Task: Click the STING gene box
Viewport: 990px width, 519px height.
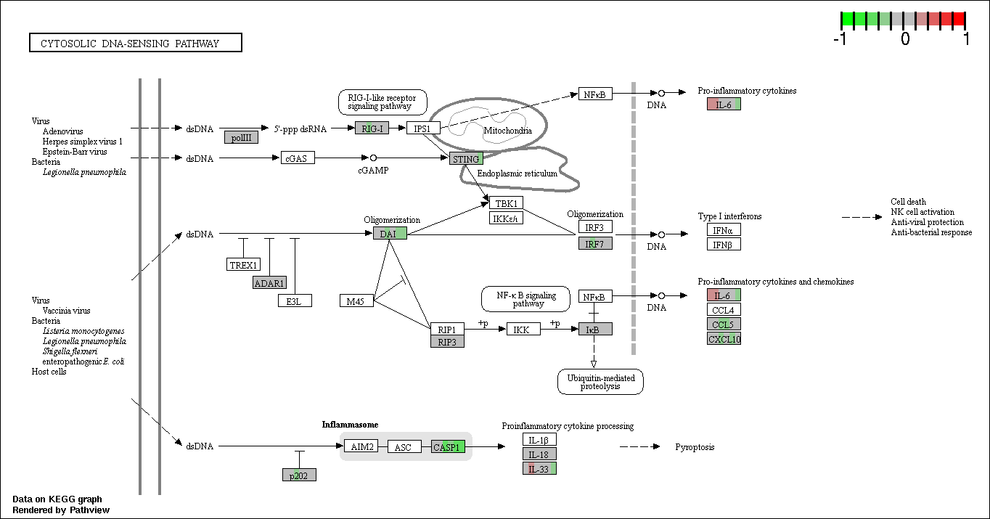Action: click(466, 159)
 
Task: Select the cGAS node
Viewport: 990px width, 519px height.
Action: click(298, 158)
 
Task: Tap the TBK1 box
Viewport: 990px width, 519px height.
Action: click(506, 203)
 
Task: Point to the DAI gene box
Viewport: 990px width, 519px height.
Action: click(390, 234)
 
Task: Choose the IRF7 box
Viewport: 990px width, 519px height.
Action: click(595, 244)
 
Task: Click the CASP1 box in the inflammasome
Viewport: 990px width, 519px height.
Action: click(448, 447)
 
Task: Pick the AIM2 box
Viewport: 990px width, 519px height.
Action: click(361, 446)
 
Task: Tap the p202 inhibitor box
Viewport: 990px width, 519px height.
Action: click(299, 475)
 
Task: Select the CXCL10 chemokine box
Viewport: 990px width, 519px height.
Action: click(724, 339)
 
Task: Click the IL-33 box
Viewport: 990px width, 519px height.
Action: click(540, 469)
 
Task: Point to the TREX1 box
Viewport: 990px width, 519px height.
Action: click(244, 265)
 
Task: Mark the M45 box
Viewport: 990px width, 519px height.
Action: click(356, 301)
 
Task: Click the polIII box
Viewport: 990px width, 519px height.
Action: click(241, 137)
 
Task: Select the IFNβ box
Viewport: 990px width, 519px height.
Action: click(724, 245)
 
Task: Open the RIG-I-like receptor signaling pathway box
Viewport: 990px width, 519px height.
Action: click(382, 102)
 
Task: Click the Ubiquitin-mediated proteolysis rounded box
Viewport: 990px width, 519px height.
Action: click(601, 382)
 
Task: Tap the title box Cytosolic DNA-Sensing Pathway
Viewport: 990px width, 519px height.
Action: click(136, 43)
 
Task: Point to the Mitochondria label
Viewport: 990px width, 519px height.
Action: click(508, 131)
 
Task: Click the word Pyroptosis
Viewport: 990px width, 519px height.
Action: click(695, 447)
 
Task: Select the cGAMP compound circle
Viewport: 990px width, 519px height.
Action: click(374, 158)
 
